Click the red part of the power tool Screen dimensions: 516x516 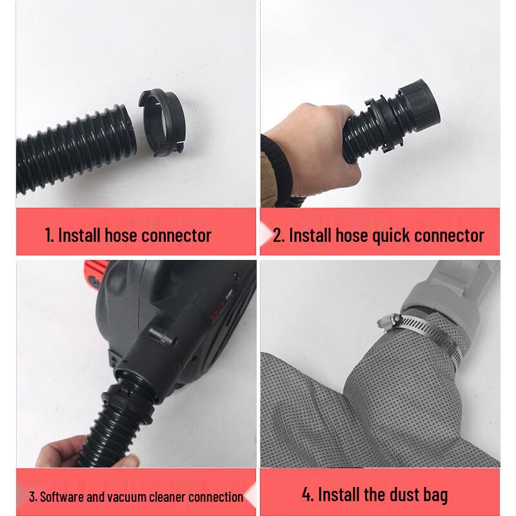[x=94, y=273]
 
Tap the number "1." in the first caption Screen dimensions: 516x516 [x=50, y=235]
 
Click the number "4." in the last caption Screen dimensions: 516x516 [x=308, y=495]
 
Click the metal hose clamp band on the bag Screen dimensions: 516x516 [x=428, y=335]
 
